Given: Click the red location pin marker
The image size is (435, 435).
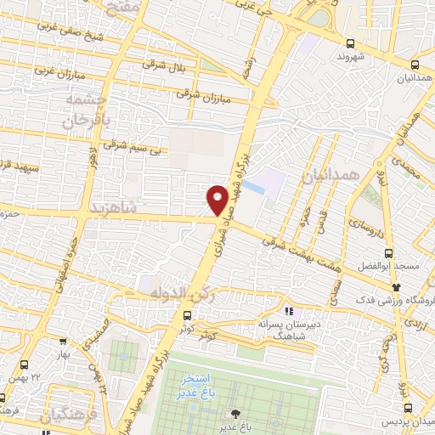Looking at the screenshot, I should [217, 199].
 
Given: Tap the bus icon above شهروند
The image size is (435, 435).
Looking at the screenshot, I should [351, 44].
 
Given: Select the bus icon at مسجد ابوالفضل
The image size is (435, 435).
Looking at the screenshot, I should [389, 252].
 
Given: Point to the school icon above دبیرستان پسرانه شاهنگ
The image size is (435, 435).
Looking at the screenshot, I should [288, 311].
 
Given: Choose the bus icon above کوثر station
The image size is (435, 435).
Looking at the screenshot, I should [186, 315].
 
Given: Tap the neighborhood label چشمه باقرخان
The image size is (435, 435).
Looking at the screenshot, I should [85, 110].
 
